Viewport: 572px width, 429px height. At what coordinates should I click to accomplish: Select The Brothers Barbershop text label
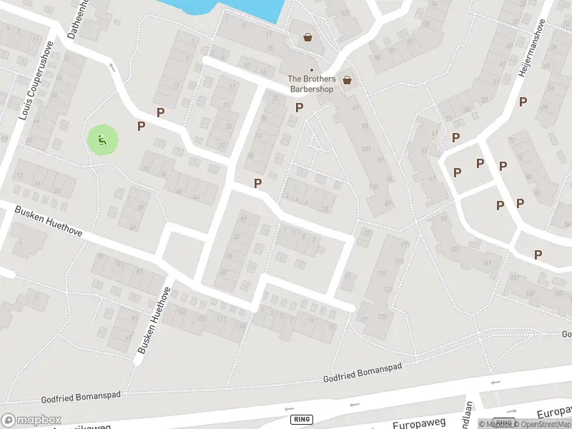[x=311, y=84]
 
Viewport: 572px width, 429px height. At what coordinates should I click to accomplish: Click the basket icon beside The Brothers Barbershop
[x=347, y=80]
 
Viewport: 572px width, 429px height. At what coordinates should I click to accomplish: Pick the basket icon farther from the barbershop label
[x=307, y=37]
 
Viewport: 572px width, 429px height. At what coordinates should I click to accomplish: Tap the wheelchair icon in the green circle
[x=102, y=141]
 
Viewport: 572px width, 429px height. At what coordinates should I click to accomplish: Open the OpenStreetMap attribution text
[x=538, y=424]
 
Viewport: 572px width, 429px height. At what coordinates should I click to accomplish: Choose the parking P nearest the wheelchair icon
[x=142, y=126]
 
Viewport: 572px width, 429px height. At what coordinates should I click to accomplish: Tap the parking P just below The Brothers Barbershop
[x=299, y=107]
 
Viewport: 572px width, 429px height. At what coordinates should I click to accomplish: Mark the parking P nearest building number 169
[x=538, y=255]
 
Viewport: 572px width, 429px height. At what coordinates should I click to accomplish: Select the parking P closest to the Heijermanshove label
[x=523, y=102]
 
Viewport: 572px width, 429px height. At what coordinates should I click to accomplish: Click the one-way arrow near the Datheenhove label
[x=112, y=67]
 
